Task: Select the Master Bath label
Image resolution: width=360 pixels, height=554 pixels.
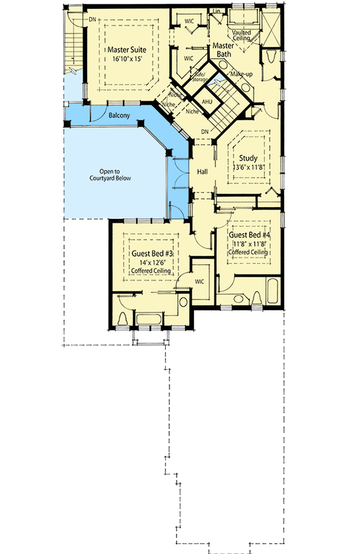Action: click(223, 49)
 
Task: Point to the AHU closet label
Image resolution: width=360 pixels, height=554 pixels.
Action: click(207, 101)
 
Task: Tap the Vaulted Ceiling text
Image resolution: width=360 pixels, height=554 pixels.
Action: click(242, 35)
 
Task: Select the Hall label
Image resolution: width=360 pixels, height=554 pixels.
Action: click(202, 172)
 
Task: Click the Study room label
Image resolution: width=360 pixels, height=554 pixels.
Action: click(248, 158)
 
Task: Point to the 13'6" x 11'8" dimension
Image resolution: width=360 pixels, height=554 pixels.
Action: click(248, 169)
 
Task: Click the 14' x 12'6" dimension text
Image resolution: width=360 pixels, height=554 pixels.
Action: click(151, 262)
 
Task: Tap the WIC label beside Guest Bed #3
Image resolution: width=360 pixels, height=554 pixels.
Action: click(200, 281)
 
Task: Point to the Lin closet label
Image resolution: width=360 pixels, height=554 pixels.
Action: click(217, 11)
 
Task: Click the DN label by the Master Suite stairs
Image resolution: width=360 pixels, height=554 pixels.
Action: click(92, 19)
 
